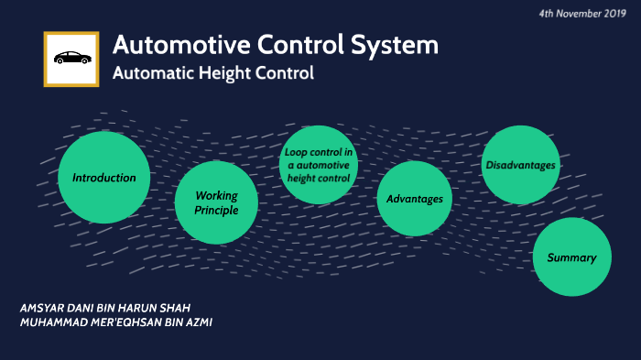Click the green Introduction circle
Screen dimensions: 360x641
point(103,178)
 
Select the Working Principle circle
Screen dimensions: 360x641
point(217,202)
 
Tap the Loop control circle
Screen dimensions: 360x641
point(318,164)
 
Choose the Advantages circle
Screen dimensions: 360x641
point(415,199)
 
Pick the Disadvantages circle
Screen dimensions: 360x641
point(521,165)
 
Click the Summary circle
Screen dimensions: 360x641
point(571,257)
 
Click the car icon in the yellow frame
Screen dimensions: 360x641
point(71,59)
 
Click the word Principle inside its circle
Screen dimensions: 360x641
point(217,211)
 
